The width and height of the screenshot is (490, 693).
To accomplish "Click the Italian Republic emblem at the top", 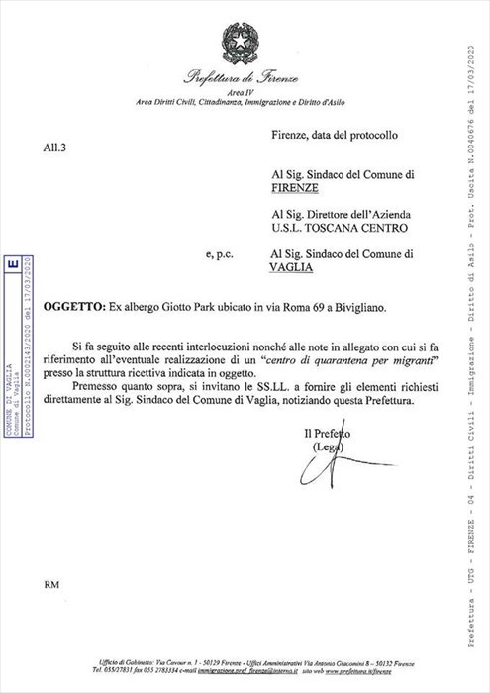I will pos(238,42).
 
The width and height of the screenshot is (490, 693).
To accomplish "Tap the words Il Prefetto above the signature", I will pos(327,434).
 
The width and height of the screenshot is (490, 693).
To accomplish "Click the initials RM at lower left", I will pos(51,585).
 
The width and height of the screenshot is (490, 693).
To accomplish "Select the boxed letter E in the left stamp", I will pos(12,264).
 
